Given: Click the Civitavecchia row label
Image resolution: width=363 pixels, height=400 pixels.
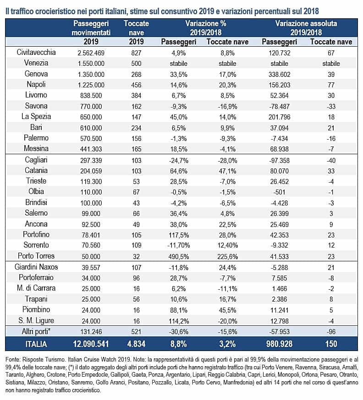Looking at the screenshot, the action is point(36,52).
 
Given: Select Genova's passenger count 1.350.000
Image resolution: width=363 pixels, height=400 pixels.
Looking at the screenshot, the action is point(91,75).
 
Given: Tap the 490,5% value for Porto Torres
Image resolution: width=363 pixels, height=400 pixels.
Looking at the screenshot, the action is point(179,257).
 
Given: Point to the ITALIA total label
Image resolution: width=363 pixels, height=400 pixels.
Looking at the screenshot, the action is point(36,344).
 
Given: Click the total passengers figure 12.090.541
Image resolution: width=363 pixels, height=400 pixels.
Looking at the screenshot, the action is point(91,344).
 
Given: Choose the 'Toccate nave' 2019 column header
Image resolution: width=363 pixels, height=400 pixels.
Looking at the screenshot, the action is point(136,28).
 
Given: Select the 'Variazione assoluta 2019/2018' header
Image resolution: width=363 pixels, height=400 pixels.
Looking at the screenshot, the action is point(306,28).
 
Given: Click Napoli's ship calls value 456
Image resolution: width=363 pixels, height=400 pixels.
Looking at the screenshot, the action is point(136,85).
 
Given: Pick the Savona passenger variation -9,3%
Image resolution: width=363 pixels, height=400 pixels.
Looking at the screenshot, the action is point(179,106).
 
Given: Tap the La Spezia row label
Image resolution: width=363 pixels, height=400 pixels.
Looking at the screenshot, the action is point(36,117).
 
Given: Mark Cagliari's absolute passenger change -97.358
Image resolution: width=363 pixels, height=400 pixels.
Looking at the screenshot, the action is point(280,161).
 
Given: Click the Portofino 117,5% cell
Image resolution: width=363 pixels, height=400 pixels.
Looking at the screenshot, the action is point(179,235).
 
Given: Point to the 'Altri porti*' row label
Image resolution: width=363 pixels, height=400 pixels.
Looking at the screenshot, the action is point(36,331).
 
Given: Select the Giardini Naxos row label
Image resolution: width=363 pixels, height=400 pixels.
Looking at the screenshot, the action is point(36,267).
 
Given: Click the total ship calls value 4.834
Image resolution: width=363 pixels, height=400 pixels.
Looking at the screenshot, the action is point(136,344).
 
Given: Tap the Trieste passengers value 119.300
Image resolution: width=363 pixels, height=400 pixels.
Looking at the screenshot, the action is point(91,182).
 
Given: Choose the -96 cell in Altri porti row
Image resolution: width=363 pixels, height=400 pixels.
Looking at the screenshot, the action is point(331,332).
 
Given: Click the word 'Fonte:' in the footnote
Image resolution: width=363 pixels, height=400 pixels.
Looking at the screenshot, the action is point(12,360).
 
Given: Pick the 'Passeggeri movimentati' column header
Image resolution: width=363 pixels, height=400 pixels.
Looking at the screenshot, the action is point(91,28).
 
